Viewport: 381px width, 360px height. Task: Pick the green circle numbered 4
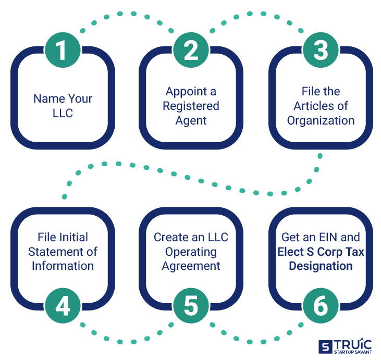[x=62, y=307]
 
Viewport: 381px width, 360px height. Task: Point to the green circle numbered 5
[x=191, y=307]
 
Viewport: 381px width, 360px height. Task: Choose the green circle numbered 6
[x=320, y=307]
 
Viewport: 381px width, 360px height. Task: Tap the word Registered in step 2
[x=191, y=106]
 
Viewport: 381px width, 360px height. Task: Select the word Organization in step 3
[x=320, y=120]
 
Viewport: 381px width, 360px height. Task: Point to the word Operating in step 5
[x=191, y=252]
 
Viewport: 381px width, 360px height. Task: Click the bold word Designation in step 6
[x=320, y=266]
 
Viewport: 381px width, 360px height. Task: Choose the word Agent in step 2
[x=191, y=120]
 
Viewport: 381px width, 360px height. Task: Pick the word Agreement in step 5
[x=191, y=266]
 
